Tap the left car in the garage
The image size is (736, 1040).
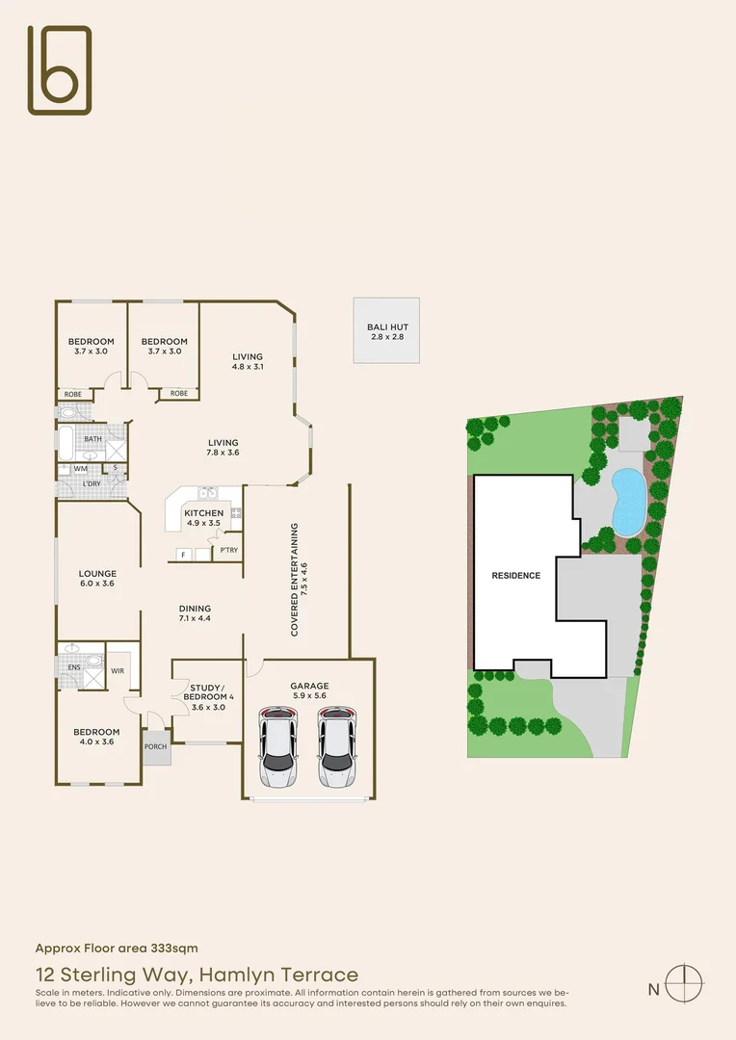(277, 748)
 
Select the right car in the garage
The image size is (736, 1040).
(336, 748)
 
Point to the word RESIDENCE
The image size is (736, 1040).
(516, 576)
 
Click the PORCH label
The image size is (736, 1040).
(155, 746)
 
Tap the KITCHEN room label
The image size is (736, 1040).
(204, 513)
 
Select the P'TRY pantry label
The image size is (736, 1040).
(228, 550)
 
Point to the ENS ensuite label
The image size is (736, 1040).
(73, 665)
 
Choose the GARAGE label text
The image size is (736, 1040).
(310, 687)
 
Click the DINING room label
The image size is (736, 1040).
(195, 609)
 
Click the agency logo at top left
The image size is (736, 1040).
(60, 69)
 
